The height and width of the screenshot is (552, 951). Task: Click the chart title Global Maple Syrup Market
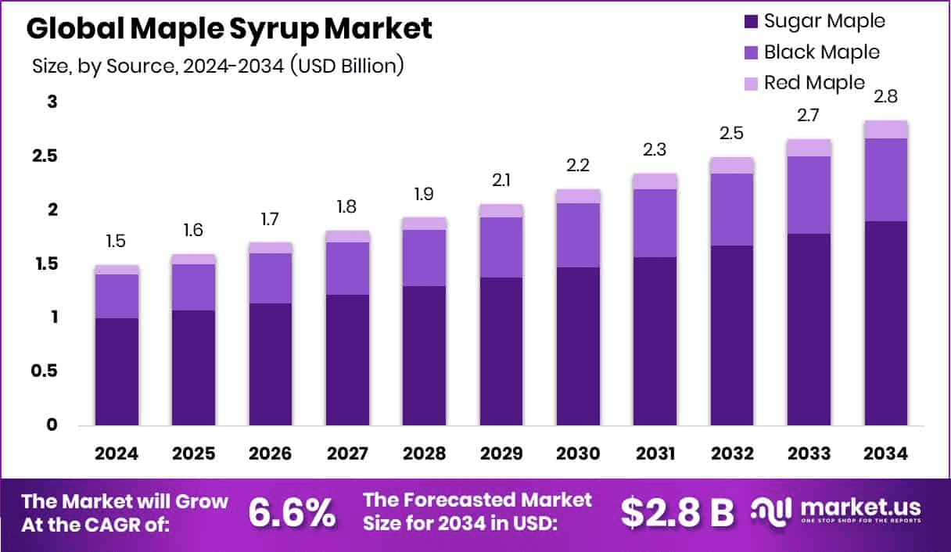(229, 29)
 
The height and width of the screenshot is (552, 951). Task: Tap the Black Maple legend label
(821, 52)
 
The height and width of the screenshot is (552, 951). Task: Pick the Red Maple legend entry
(814, 82)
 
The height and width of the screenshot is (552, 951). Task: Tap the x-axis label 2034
(885, 454)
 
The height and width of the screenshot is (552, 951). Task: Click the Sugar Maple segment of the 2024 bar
(116, 371)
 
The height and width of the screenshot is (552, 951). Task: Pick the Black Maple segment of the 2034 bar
(885, 180)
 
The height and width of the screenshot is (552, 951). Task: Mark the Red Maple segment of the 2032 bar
(731, 165)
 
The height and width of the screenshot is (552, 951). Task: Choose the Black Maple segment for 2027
(346, 268)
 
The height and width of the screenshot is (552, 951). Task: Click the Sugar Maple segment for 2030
(578, 346)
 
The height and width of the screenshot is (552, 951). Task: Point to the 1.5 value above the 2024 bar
(116, 242)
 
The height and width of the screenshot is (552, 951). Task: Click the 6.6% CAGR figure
(292, 512)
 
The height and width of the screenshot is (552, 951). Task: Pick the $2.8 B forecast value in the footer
(677, 512)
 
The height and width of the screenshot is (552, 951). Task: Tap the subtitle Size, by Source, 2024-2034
(217, 66)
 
